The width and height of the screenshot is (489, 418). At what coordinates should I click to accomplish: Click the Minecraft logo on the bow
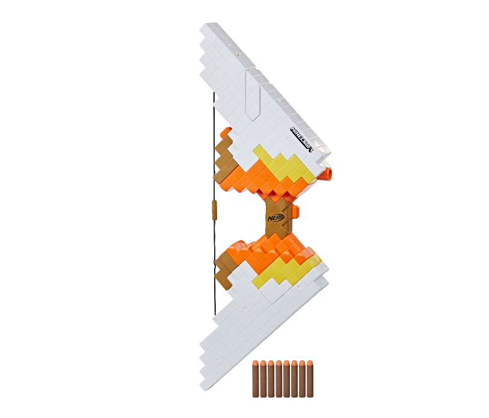coord(301,139)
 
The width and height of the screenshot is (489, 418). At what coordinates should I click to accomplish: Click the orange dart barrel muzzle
coord(328,174)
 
